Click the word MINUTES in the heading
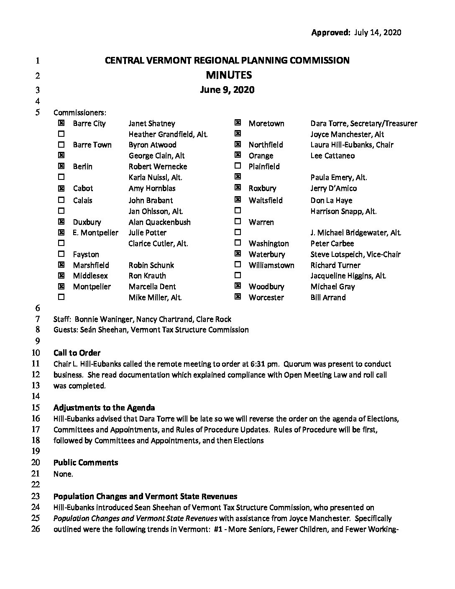(x=229, y=75)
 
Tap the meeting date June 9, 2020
(x=227, y=90)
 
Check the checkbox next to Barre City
(x=61, y=123)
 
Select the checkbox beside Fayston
(x=61, y=254)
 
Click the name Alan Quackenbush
(x=159, y=222)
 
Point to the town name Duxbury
(x=87, y=222)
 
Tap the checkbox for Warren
(x=238, y=221)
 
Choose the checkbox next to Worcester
(x=238, y=297)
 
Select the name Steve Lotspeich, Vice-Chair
(x=355, y=254)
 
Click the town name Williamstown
(x=271, y=265)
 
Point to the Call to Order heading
(x=77, y=353)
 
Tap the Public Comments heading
(x=86, y=463)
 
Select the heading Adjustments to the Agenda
(x=104, y=408)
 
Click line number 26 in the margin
(x=36, y=529)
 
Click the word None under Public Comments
(x=63, y=474)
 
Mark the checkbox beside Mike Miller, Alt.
(x=61, y=297)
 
